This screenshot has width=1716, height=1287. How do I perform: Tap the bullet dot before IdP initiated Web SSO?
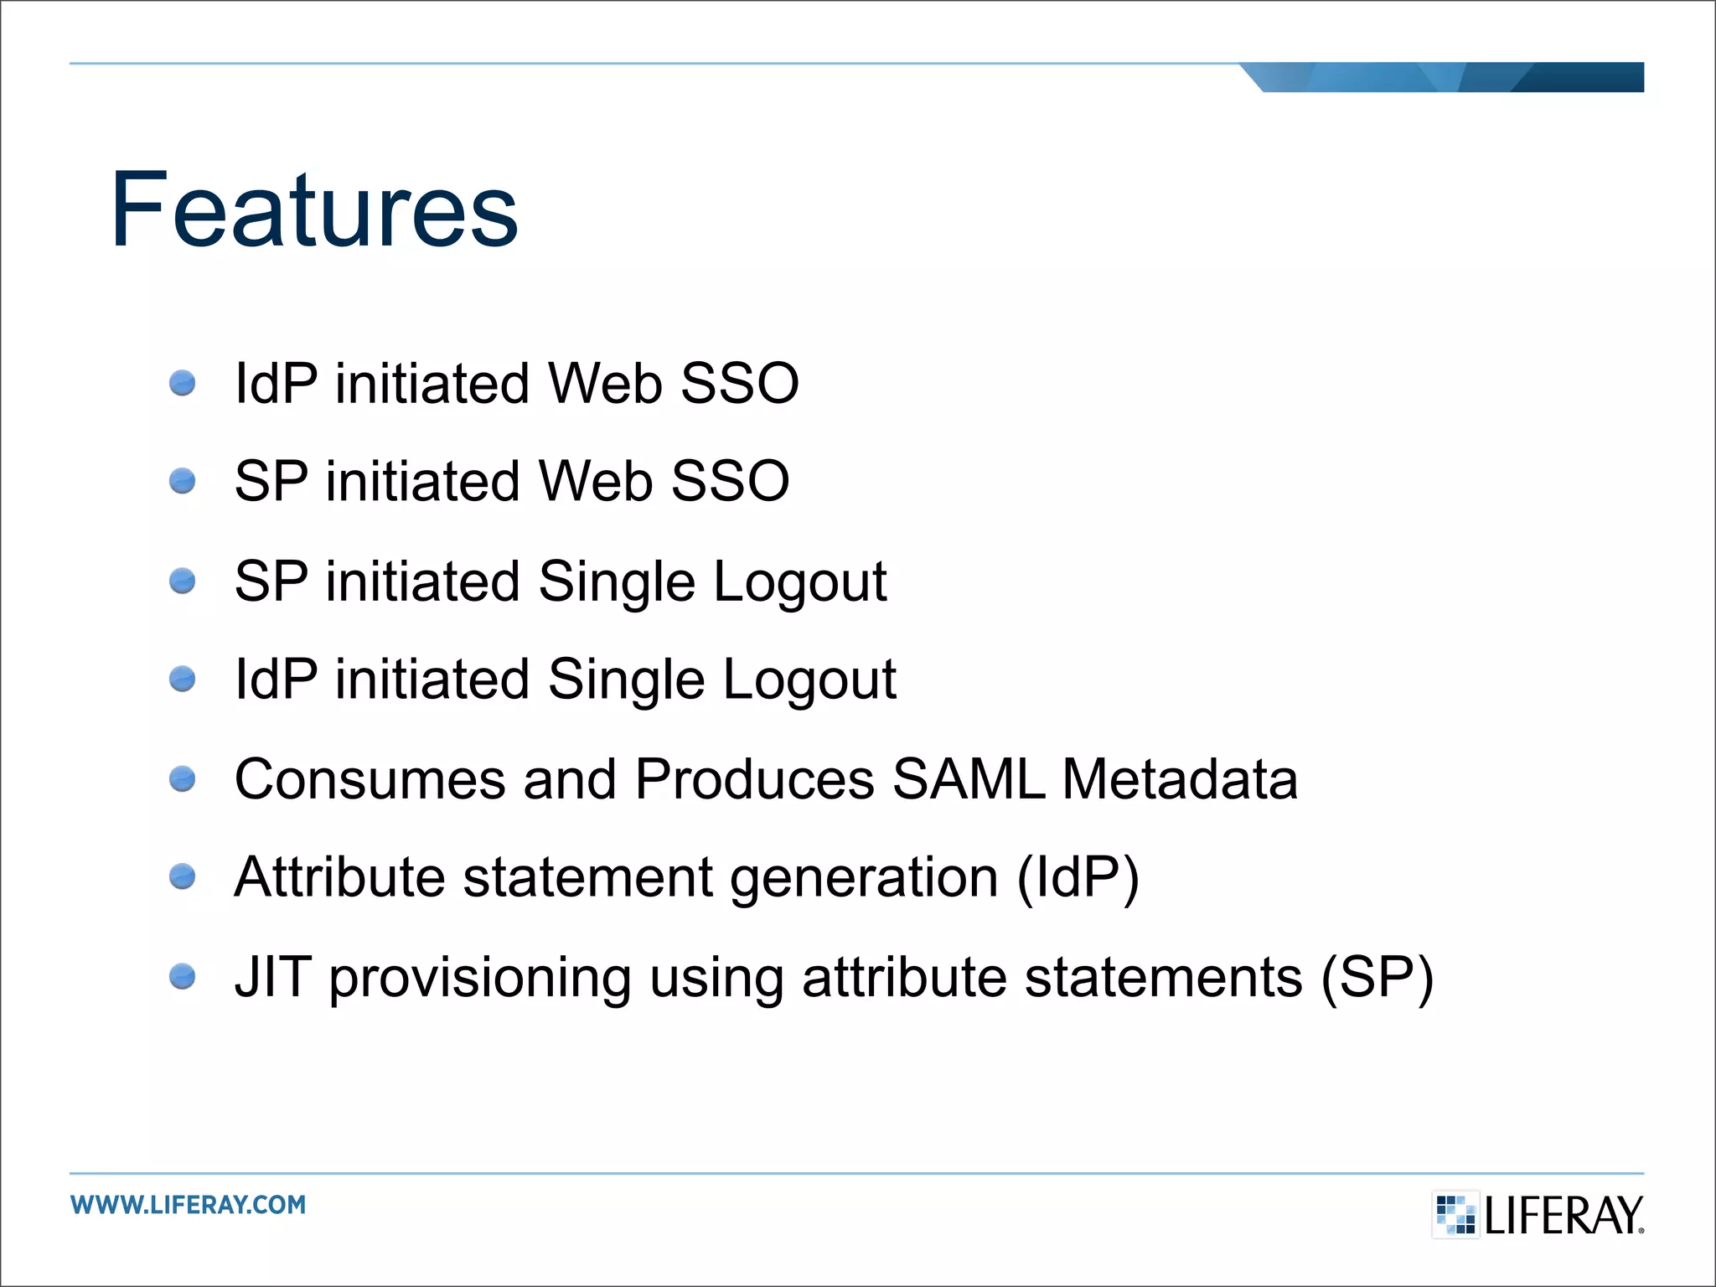(182, 384)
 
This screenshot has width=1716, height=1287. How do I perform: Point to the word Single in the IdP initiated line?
(626, 679)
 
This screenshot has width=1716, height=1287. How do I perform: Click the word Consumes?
(370, 779)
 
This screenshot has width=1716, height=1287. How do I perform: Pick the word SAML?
(969, 779)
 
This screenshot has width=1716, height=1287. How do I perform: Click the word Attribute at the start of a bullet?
(339, 877)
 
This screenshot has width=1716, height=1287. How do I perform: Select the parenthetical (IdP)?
(1078, 877)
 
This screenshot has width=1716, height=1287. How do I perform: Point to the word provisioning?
(480, 979)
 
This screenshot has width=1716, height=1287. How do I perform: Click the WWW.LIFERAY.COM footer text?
(189, 1205)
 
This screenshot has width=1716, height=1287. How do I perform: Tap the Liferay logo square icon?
(1455, 1214)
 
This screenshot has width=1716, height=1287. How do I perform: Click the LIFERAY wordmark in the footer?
(1563, 1216)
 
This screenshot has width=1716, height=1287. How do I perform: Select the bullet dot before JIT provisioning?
(182, 977)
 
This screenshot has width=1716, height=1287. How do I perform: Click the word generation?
(864, 879)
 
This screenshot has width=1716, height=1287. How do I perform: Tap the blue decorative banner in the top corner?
(1450, 77)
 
